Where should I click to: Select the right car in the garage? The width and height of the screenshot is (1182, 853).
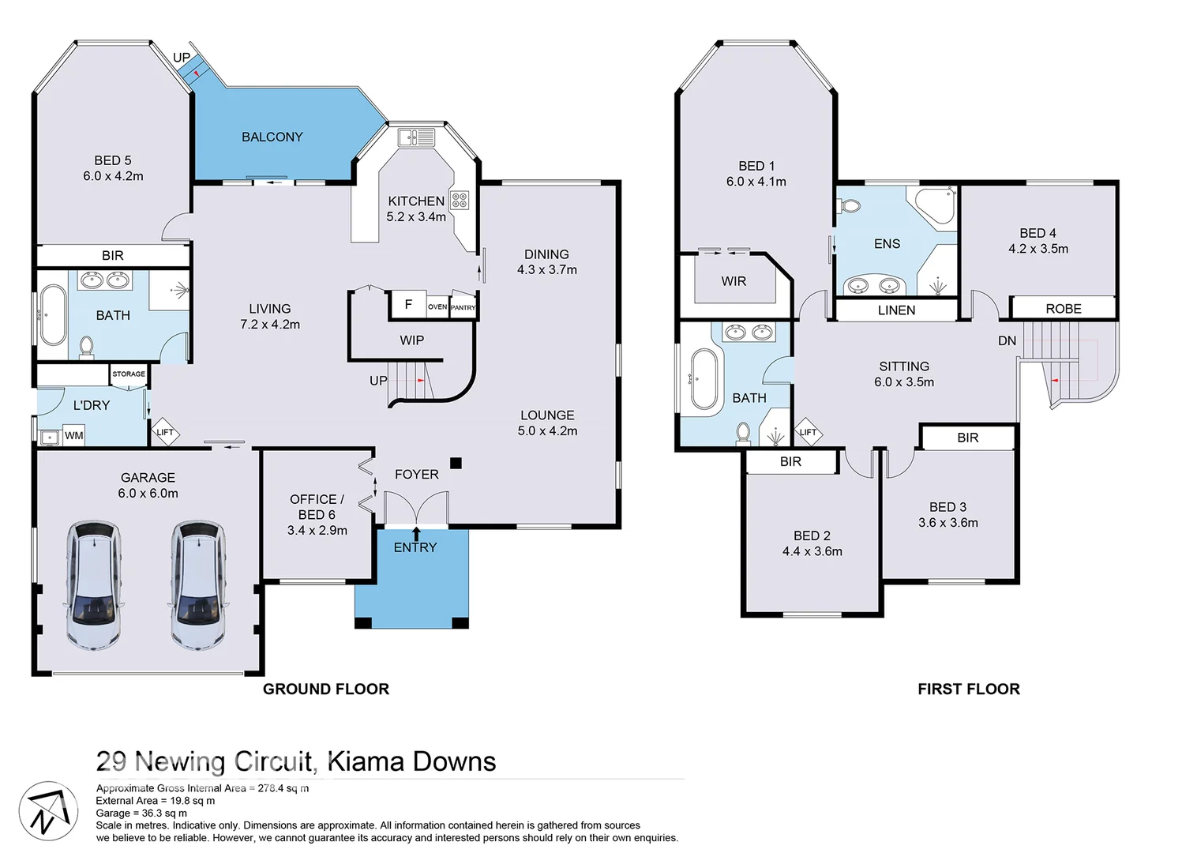(198, 584)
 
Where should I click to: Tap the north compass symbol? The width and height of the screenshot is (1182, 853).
(47, 812)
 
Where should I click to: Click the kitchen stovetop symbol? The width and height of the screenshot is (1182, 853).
(460, 200)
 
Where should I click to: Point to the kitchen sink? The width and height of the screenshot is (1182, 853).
(417, 138)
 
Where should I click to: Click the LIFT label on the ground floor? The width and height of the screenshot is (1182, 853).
(165, 432)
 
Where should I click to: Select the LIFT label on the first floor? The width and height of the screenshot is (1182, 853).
(808, 432)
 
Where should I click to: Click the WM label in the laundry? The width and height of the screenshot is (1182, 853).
(73, 435)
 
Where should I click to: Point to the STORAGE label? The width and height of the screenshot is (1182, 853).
(129, 374)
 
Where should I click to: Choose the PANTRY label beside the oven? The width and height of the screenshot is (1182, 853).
(463, 307)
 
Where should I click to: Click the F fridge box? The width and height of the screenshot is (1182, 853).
(408, 305)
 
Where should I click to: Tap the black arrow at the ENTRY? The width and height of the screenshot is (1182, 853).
(416, 533)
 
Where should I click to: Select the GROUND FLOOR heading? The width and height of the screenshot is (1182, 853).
(325, 689)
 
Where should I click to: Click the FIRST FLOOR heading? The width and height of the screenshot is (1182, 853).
(968, 689)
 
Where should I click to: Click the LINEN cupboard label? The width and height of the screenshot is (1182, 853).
(896, 310)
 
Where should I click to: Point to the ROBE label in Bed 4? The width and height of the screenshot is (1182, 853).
(1063, 309)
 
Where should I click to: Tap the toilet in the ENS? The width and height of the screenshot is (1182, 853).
(849, 207)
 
